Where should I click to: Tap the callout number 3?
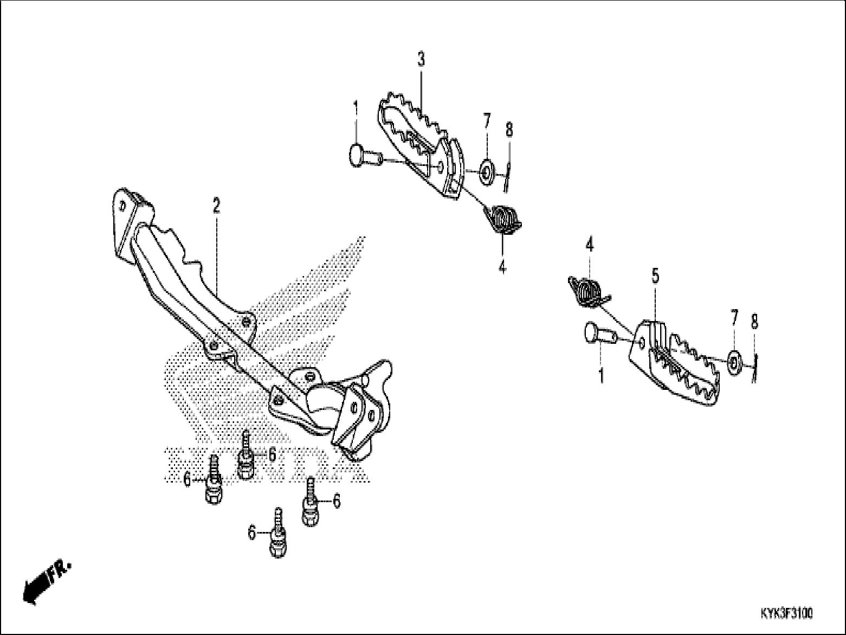421,60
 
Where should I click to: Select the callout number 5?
655,277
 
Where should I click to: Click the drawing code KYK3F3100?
786,614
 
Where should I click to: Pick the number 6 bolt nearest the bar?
246,458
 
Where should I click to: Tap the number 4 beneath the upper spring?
502,267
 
